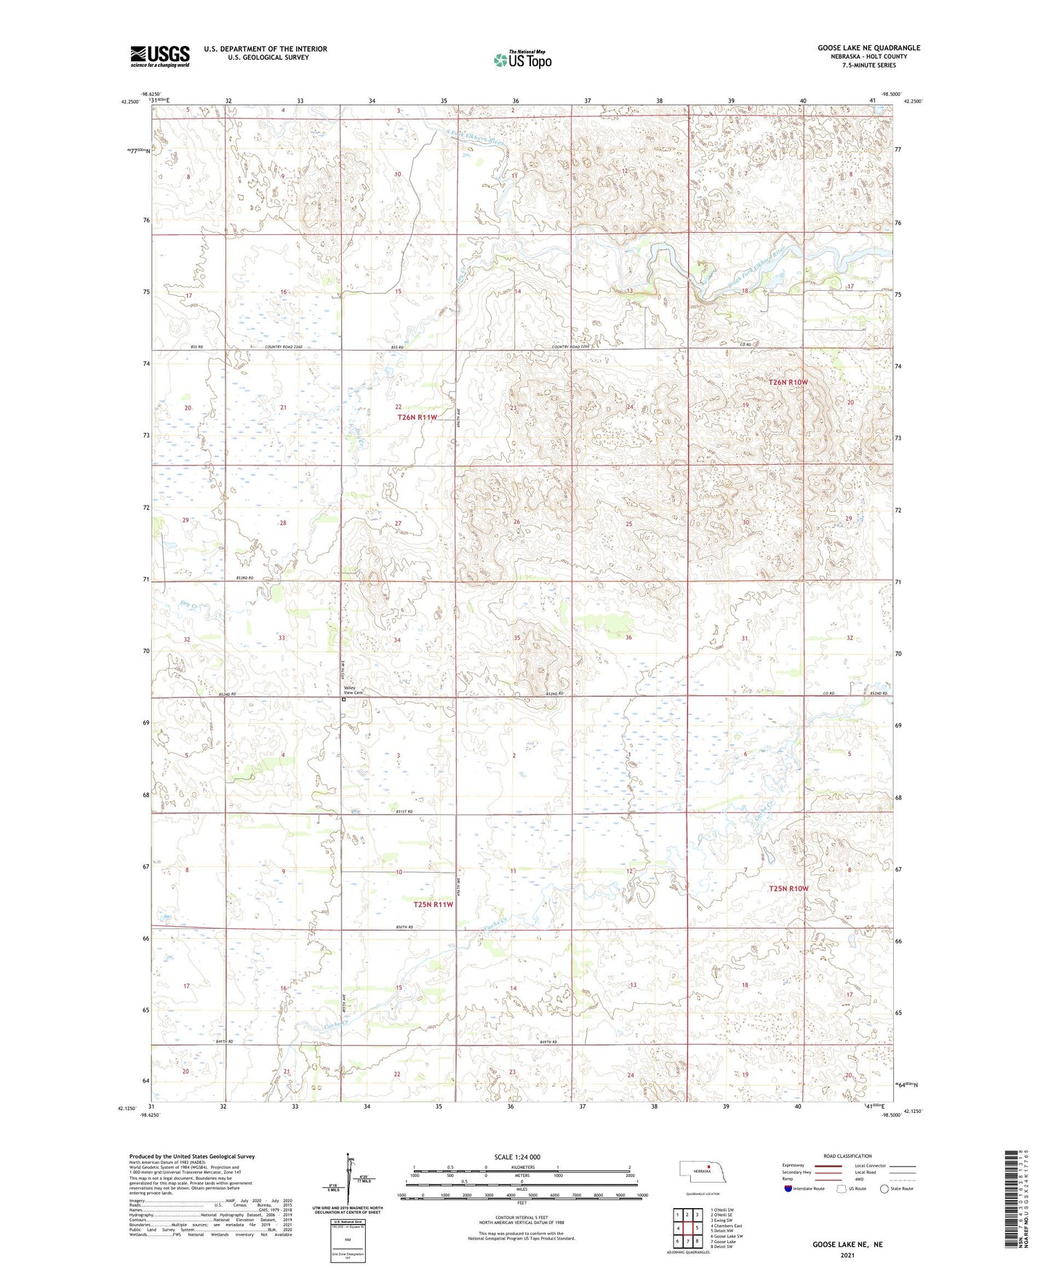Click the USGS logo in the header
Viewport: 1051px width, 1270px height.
tap(160, 55)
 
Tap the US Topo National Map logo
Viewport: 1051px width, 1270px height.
tap(521, 60)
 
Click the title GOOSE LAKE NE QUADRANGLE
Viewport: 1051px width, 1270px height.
tap(868, 48)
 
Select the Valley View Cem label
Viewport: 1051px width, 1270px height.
tap(353, 690)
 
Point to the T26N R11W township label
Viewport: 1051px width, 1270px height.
tap(417, 418)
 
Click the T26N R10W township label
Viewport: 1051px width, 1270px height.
tap(788, 382)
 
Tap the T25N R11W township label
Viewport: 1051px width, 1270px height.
tap(433, 904)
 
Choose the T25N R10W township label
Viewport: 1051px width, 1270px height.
tap(788, 889)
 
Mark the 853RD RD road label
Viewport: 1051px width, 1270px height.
tap(244, 578)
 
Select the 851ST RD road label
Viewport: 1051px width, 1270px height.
tap(404, 811)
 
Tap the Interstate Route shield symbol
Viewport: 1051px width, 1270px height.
tap(788, 1189)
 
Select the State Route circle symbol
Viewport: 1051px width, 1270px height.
tap(884, 1189)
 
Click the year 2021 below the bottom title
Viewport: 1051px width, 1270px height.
tap(847, 1255)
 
